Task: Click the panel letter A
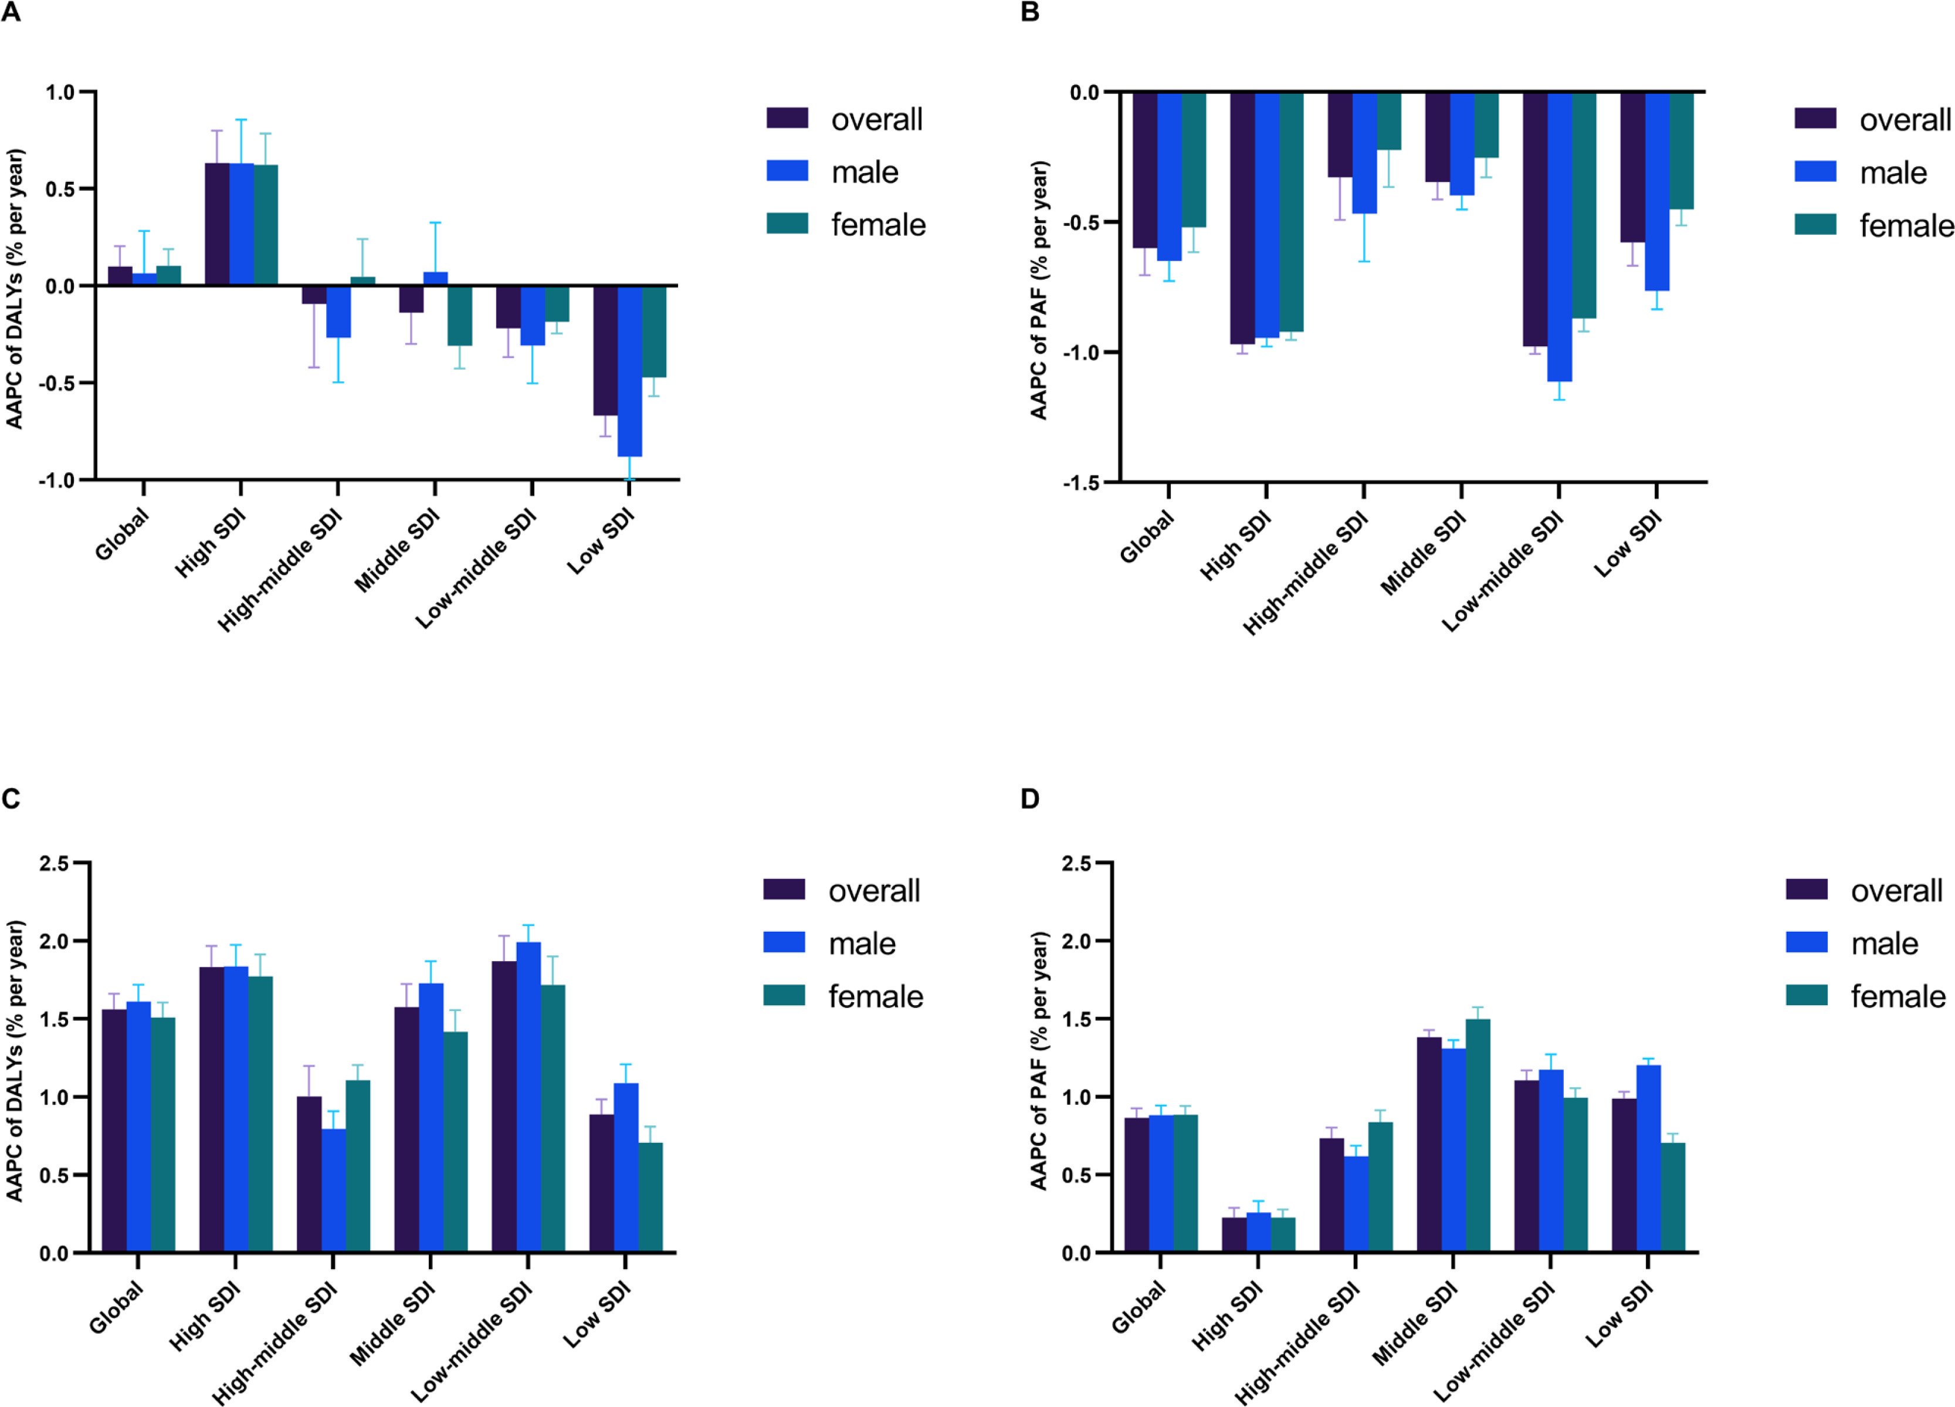[11, 13]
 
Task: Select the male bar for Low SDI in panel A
[629, 371]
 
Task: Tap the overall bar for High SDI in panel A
[217, 224]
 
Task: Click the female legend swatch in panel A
[787, 224]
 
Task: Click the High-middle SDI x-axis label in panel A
[281, 571]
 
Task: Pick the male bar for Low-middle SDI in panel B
[1558, 237]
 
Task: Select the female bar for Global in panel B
[1193, 160]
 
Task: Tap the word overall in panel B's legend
[1905, 120]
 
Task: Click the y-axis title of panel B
[1039, 290]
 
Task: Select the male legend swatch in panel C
[784, 943]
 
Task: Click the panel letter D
[1029, 799]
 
